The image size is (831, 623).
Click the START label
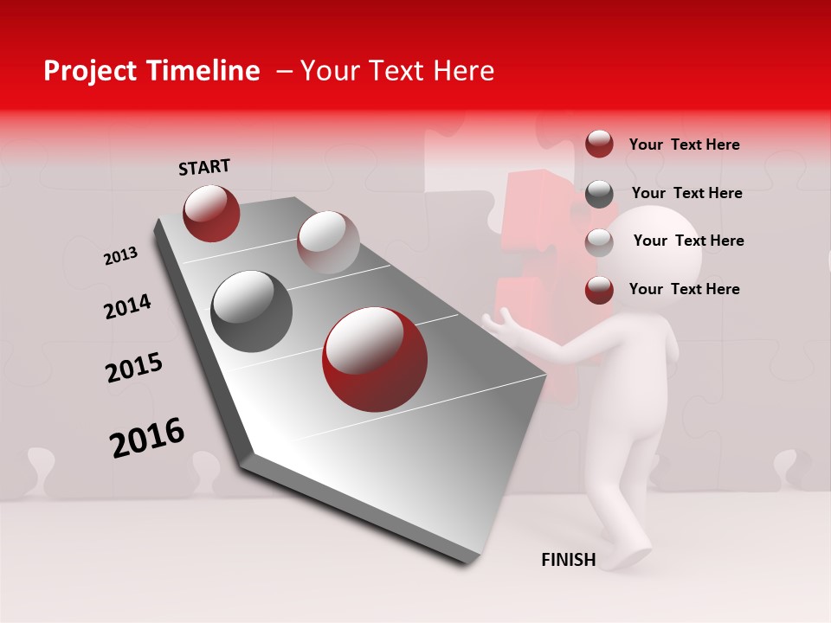204,167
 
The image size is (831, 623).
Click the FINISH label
569,560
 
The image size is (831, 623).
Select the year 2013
120,256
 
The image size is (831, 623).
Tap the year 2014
127,306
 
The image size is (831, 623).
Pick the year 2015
134,368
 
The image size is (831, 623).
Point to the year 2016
147,438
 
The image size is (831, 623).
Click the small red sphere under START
211,213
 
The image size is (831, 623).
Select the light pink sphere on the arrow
328,241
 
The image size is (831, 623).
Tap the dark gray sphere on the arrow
251,311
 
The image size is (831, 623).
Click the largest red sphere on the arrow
375,359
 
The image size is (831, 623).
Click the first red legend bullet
599,145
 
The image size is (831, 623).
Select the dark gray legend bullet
599,194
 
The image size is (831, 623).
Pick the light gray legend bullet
599,242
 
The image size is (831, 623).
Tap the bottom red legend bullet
599,290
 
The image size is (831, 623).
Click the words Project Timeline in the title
151,71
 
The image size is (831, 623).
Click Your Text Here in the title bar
397,71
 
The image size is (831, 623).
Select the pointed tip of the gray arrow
466,561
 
